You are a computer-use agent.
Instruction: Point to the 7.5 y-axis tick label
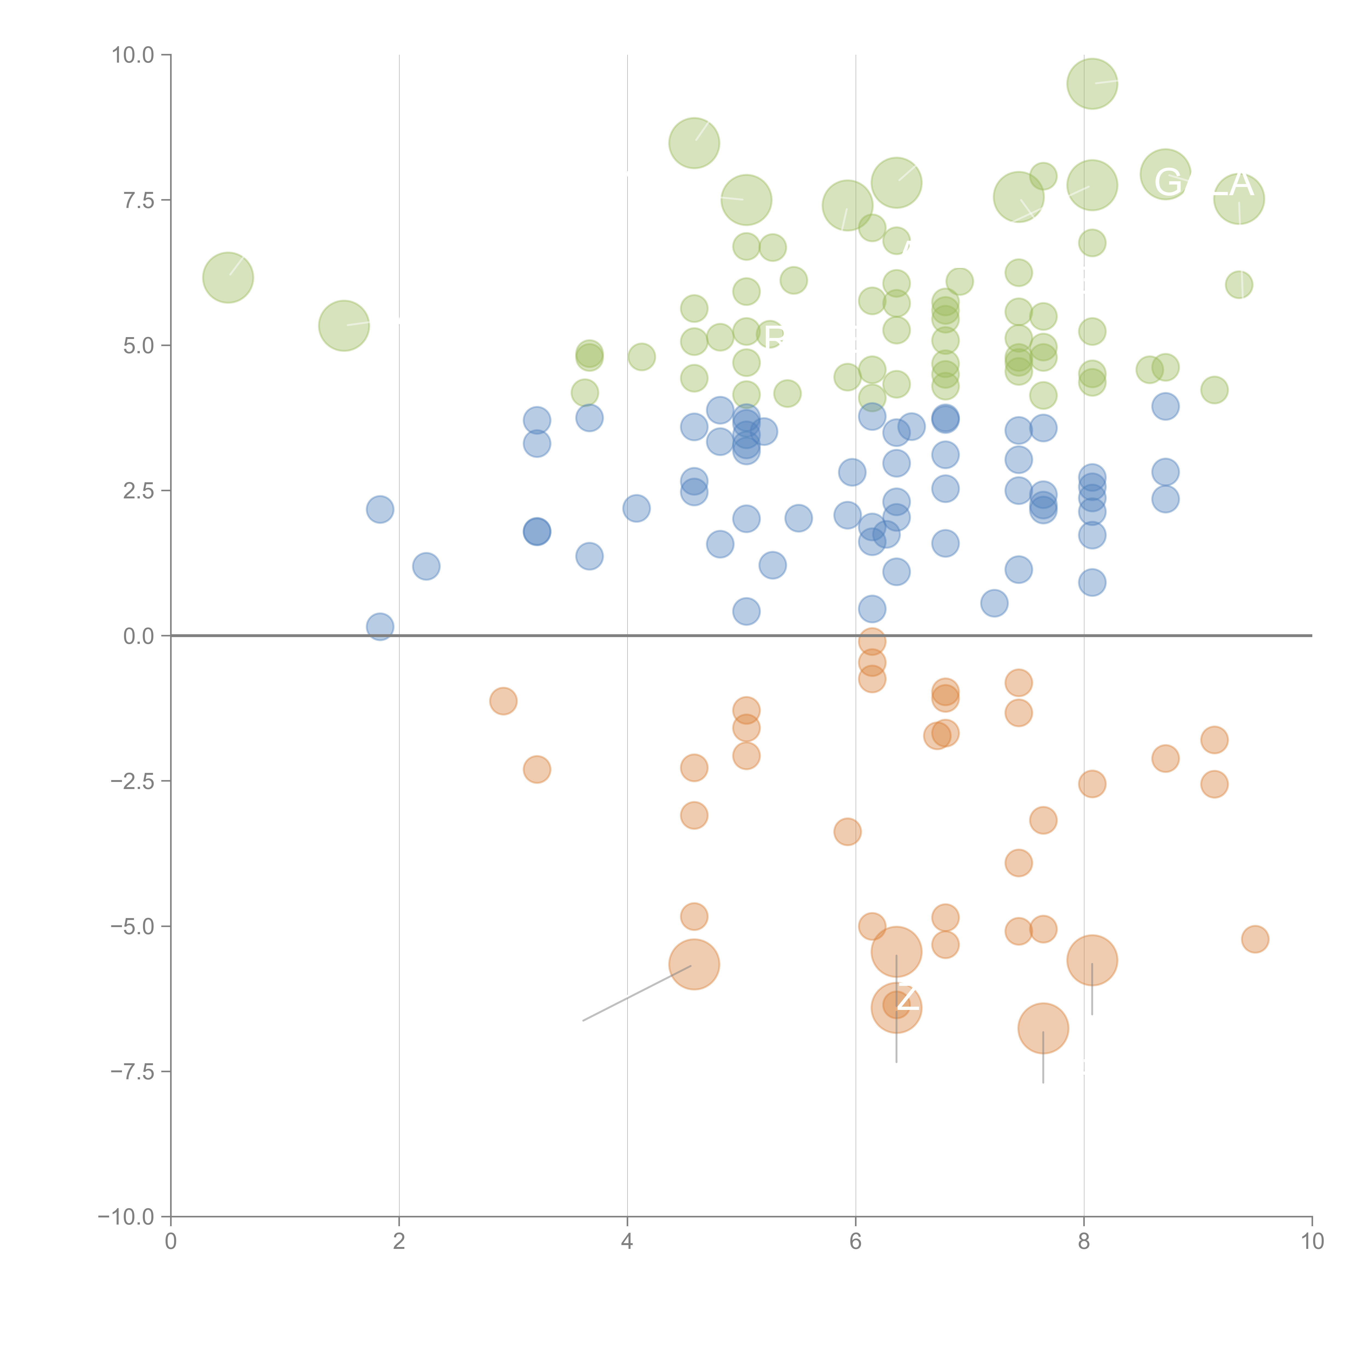click(x=138, y=200)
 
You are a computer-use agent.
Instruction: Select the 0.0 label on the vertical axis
click(x=138, y=636)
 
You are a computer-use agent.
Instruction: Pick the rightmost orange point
click(x=1255, y=939)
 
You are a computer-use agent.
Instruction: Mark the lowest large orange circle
click(x=1043, y=1028)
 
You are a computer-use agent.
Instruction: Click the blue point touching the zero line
click(x=380, y=626)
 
